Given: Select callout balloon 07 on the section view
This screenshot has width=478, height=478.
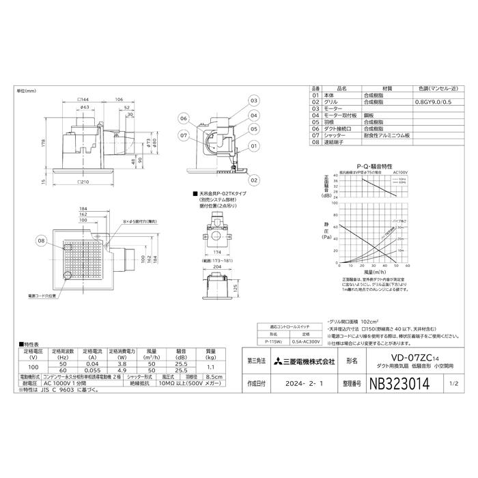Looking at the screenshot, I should click(x=184, y=136).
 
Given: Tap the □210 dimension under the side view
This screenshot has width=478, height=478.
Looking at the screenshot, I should click(x=85, y=182).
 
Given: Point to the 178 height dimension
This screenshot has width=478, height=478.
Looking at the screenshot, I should click(x=42, y=142).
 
